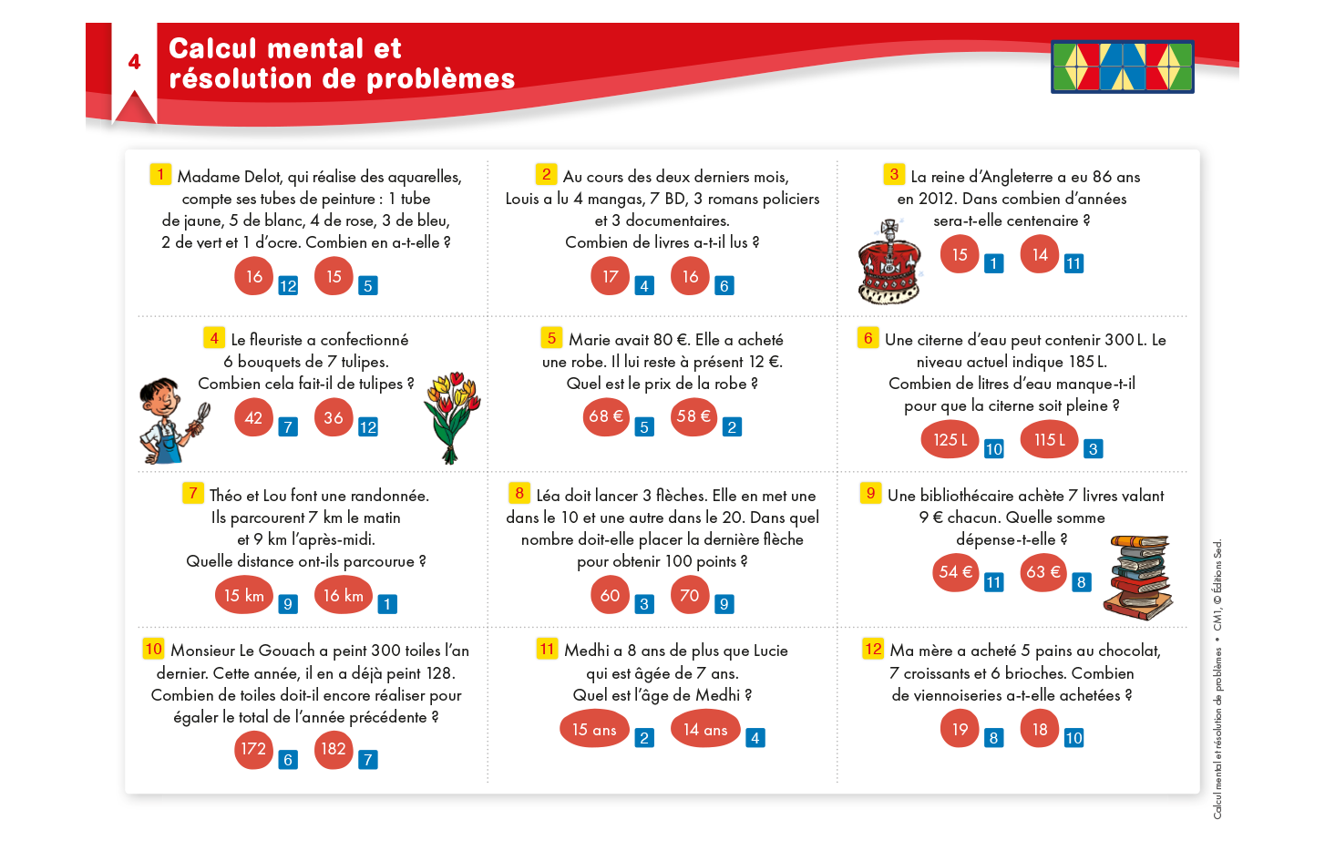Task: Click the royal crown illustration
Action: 889,261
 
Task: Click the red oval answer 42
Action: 253,417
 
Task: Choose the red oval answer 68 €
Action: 606,417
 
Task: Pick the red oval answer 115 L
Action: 1050,439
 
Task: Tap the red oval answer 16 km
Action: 343,595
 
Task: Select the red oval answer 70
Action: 690,595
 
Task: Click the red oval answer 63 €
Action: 1043,572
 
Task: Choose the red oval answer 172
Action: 253,749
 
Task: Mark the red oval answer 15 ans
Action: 594,729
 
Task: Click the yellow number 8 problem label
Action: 519,493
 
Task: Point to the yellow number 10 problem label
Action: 153,649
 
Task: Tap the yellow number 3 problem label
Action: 894,174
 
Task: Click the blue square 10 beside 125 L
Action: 993,449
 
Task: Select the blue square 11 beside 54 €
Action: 993,582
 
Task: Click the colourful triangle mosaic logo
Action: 1122,67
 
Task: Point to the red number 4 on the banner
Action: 134,62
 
